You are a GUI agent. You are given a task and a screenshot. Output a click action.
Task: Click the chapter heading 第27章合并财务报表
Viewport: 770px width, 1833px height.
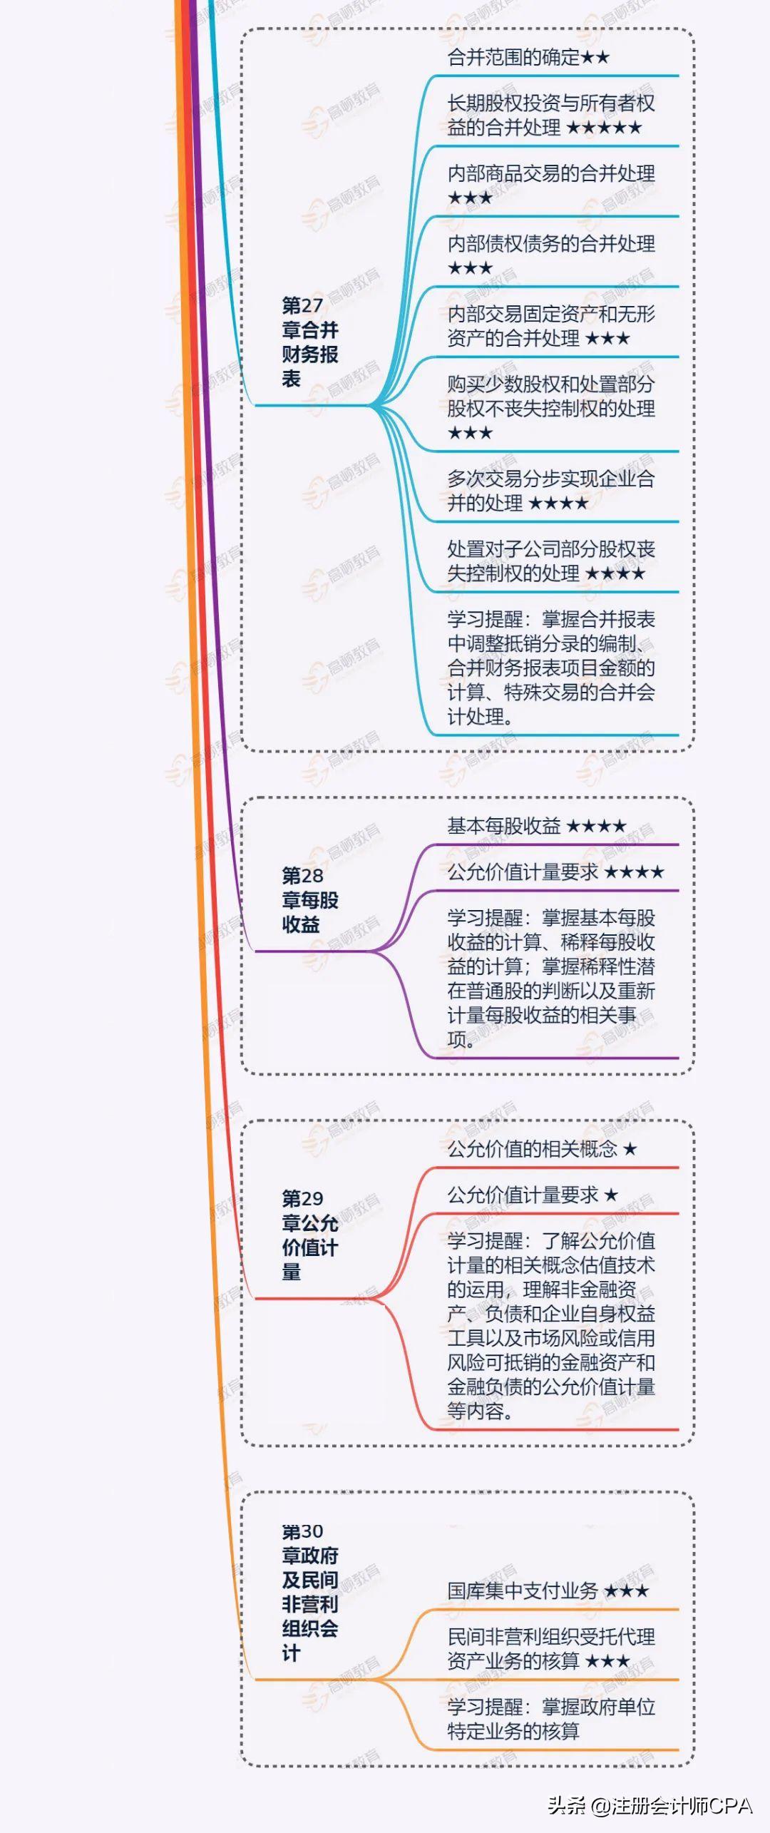click(x=309, y=342)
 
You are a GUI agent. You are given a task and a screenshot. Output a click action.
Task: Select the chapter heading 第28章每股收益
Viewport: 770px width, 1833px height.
click(x=309, y=899)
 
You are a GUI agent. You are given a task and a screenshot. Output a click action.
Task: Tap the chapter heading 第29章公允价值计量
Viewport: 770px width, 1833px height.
click(x=309, y=1235)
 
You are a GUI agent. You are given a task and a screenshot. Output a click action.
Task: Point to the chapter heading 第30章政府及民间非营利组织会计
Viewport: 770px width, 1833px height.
click(x=309, y=1591)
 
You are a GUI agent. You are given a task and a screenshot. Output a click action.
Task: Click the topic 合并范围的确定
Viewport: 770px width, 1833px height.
click(x=513, y=57)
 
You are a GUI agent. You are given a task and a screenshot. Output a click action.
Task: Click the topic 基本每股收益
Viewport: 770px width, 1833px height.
click(x=503, y=826)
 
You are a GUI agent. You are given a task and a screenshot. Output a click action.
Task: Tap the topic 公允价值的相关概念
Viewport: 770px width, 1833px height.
click(x=532, y=1149)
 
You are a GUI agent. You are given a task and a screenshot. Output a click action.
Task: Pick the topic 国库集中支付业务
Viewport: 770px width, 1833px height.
click(x=522, y=1591)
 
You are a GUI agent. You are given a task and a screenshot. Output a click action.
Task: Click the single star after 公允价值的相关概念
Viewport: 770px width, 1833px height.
click(x=630, y=1150)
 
